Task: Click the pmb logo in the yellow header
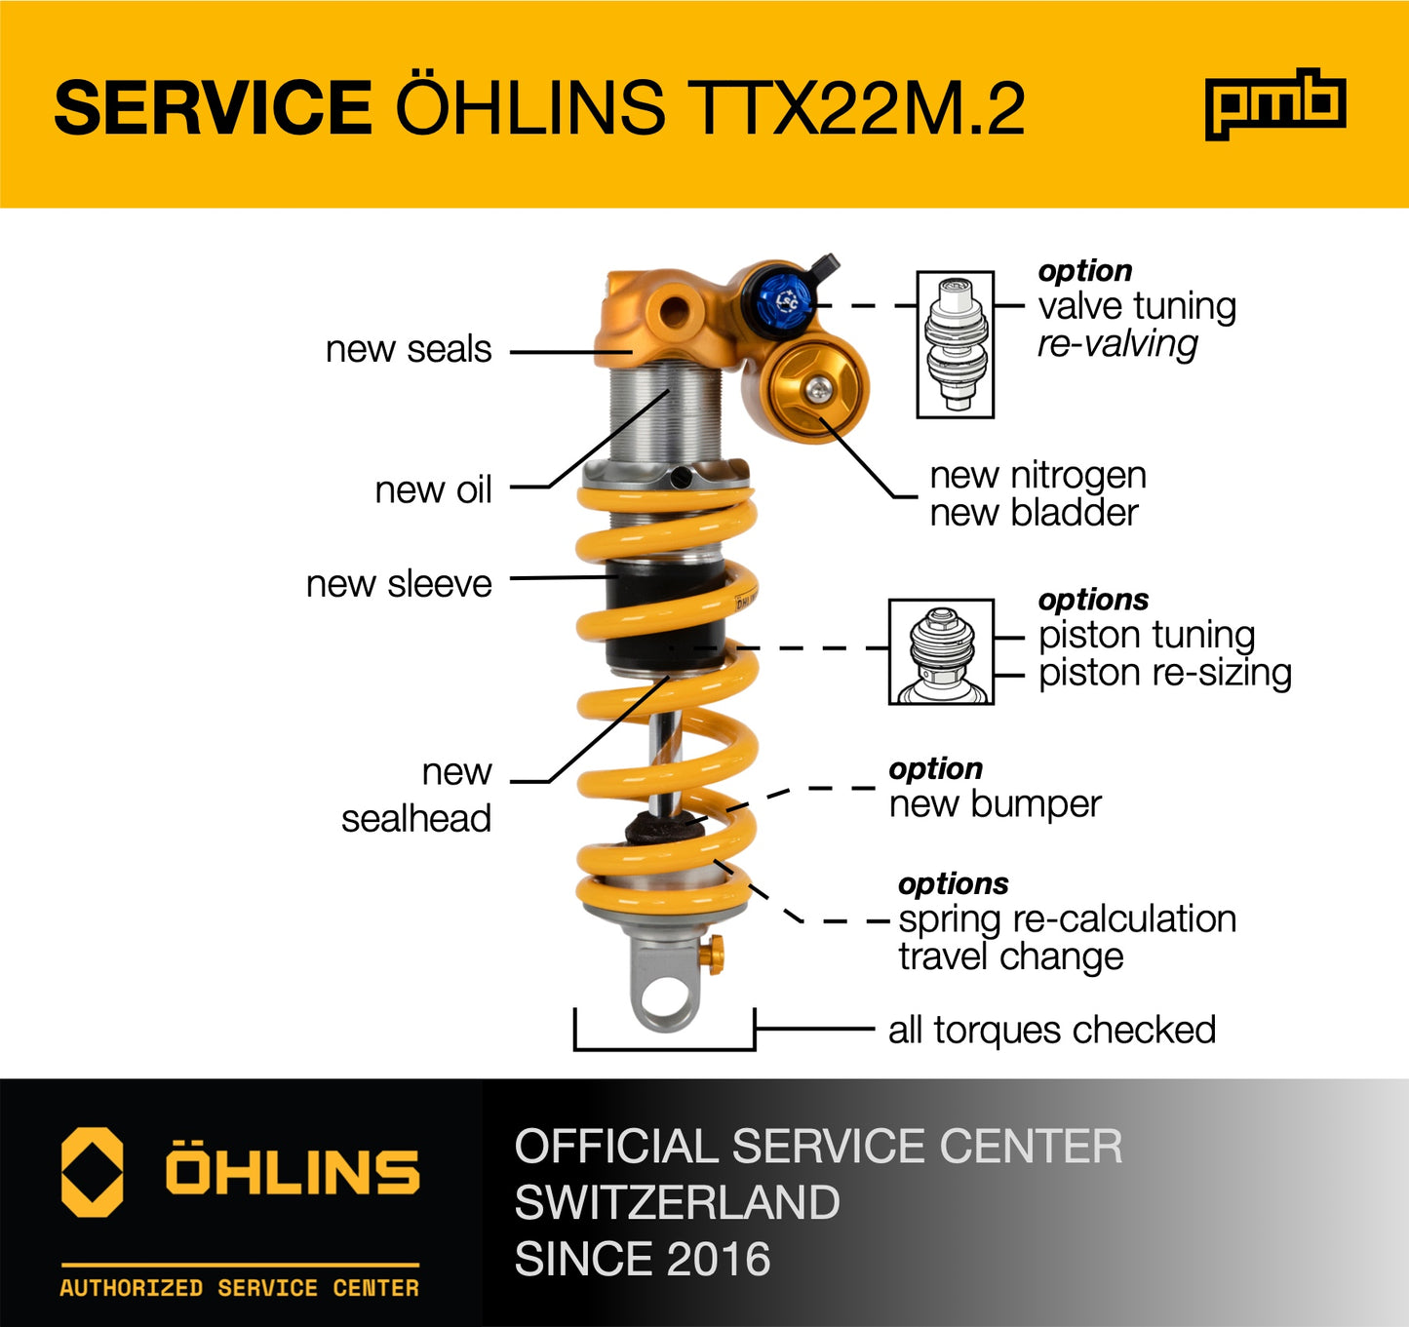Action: tap(1274, 103)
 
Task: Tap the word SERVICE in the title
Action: tap(213, 107)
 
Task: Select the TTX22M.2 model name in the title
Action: tap(857, 107)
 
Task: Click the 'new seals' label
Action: tap(409, 349)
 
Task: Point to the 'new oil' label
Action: tap(433, 489)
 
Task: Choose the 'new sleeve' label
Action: tap(399, 583)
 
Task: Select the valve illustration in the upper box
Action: tap(956, 344)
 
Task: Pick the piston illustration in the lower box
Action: tap(941, 651)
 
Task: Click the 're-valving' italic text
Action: tap(1117, 343)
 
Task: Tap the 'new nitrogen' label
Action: tap(1037, 476)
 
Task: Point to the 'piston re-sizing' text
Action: tap(1164, 673)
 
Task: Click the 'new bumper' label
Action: tap(995, 804)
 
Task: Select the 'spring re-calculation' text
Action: tap(1067, 918)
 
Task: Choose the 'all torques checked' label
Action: tap(1051, 1030)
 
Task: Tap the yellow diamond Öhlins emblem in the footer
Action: tap(93, 1172)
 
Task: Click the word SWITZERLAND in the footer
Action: tap(677, 1202)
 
